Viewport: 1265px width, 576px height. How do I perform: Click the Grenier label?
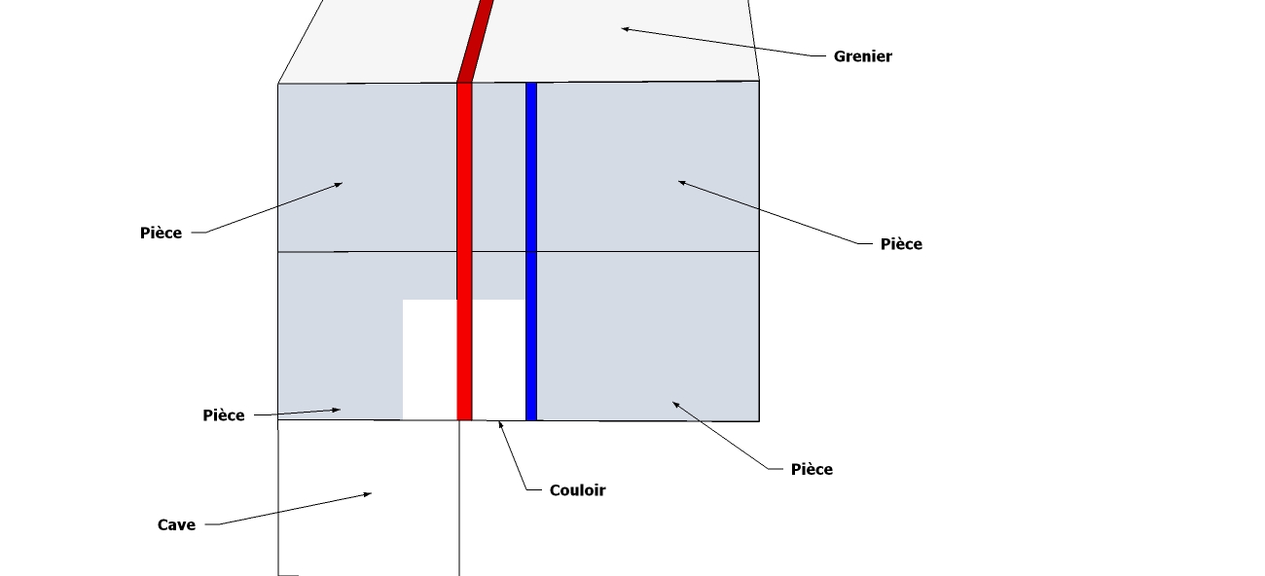point(862,56)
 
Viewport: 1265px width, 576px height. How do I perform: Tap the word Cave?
point(176,525)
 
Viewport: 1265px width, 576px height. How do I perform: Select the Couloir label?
point(577,490)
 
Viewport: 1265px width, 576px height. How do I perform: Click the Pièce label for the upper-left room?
point(161,234)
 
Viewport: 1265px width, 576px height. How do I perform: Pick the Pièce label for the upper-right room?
point(901,244)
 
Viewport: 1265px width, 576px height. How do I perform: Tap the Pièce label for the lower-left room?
point(224,415)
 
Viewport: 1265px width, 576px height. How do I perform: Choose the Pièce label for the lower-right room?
point(812,470)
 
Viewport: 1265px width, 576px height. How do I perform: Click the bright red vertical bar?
point(464,243)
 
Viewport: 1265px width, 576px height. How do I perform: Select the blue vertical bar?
point(531,243)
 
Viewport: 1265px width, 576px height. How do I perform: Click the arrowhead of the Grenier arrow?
point(625,29)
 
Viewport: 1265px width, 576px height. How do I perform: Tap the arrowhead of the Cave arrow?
point(369,494)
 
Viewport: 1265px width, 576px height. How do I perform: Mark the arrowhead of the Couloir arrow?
point(500,423)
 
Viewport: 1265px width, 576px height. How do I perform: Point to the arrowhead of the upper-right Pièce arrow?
point(681,182)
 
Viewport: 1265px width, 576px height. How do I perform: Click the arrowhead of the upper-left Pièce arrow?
point(340,183)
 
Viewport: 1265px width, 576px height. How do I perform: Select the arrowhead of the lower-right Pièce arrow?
point(675,404)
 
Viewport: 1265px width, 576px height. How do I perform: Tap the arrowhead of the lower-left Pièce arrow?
point(338,410)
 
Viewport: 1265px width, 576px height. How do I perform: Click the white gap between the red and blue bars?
point(498,360)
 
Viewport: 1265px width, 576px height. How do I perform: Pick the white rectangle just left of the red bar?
point(429,360)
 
